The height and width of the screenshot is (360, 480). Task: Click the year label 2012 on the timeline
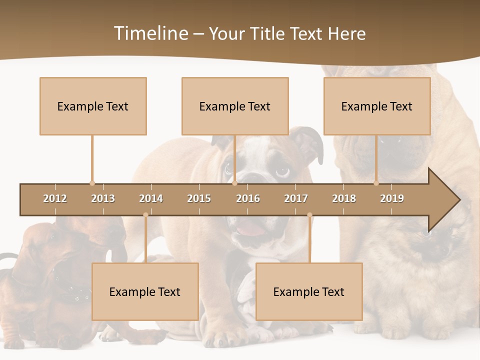pos(55,198)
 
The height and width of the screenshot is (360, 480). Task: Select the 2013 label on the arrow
pos(103,198)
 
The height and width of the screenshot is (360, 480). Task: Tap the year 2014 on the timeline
pos(151,198)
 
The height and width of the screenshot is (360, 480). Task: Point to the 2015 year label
pos(199,198)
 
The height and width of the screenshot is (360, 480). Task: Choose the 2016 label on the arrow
pos(248,198)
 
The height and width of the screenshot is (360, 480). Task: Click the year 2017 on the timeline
pos(296,198)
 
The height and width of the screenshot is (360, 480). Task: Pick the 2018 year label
pos(344,198)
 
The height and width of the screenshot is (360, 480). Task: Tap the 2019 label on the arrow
pos(392,198)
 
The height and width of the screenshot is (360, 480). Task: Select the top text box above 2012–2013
pos(93,106)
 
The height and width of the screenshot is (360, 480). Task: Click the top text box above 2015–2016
pos(235,106)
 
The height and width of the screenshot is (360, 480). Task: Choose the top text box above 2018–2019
pos(377,106)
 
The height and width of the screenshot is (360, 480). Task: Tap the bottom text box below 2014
pos(145,291)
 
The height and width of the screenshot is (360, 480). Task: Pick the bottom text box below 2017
pos(309,291)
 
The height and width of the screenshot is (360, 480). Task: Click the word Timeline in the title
pos(150,33)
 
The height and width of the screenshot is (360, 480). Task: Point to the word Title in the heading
pos(269,33)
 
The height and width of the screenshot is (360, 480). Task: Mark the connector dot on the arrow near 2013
pos(92,183)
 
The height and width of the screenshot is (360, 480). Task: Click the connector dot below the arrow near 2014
pos(145,215)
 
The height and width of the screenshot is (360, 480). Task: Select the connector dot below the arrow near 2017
pos(309,215)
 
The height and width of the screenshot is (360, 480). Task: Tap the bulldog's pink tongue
pos(250,230)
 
